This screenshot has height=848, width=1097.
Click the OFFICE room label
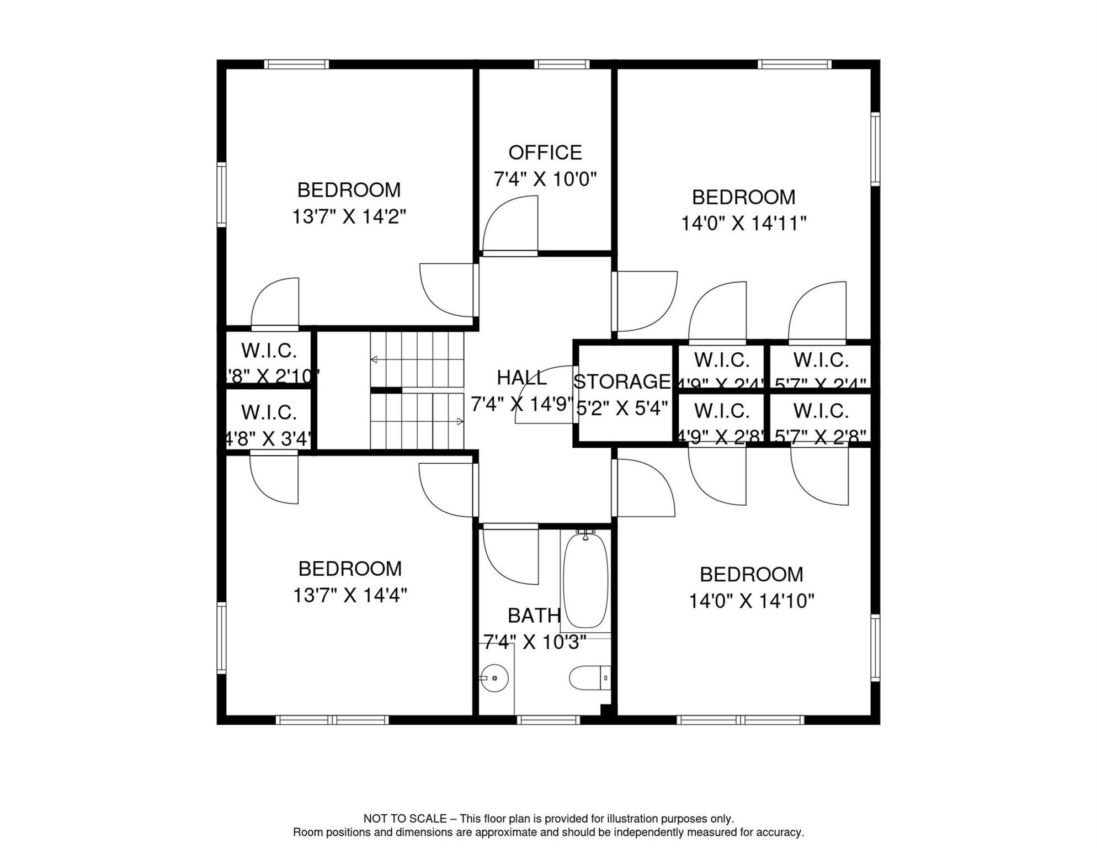545,152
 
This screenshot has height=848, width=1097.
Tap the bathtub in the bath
585,580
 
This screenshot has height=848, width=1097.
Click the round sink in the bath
494,678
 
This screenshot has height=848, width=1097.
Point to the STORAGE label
622,381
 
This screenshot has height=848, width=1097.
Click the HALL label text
521,378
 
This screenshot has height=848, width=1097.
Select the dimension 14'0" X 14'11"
743,224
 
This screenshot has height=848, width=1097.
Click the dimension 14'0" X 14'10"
751,601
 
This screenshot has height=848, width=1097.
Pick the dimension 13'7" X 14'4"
350,596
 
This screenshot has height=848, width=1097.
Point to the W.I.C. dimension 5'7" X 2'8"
820,437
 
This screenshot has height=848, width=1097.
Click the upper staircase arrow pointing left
374,360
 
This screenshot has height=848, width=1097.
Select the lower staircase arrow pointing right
460,422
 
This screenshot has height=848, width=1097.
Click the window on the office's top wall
562,65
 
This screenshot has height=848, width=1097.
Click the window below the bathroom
548,720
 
